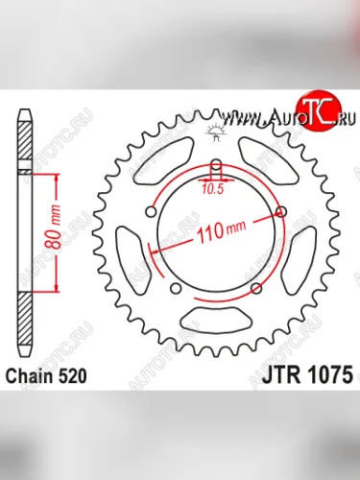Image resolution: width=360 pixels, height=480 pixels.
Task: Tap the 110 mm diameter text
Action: click(218, 230)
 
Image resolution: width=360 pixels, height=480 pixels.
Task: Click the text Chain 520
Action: click(51, 377)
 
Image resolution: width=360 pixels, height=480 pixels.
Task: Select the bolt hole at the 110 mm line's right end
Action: click(281, 210)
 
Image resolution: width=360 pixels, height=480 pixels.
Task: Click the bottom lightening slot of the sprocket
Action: click(215, 321)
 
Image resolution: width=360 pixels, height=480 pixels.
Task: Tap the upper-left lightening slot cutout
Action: click(159, 163)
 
